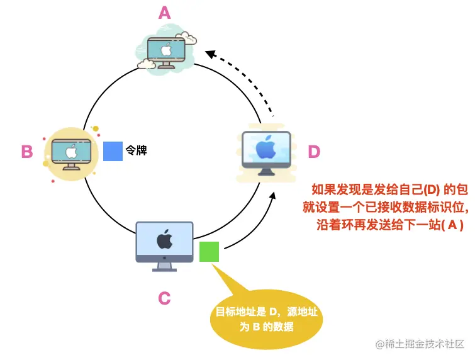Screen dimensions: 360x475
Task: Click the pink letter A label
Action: pos(165,13)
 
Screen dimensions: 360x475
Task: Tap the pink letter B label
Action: pos(26,152)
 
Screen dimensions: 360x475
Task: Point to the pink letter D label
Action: pos(314,152)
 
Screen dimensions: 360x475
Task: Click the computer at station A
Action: pos(168,50)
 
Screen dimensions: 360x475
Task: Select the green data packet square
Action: pos(209,252)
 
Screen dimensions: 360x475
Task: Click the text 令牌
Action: pos(136,151)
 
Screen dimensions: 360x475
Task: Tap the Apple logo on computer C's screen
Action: pos(164,240)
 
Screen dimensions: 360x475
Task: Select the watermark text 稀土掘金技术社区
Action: pos(423,344)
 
